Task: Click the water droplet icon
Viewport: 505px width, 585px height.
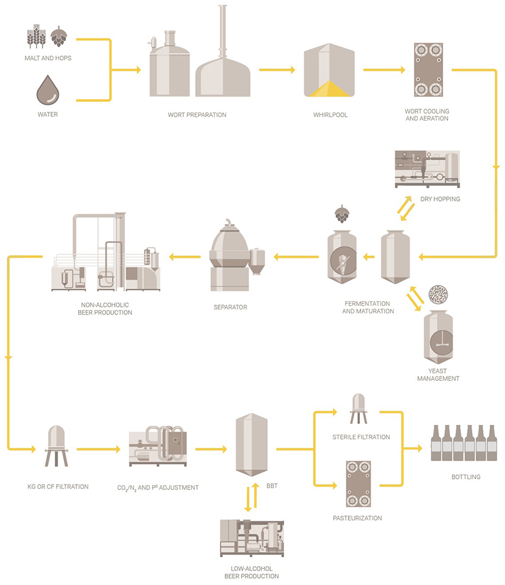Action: click(47, 90)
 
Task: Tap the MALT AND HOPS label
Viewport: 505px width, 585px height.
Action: click(48, 58)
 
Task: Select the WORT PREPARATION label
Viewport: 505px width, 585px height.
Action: click(197, 115)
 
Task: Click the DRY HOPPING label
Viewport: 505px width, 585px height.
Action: click(440, 199)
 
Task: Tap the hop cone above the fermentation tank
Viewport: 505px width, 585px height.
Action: click(342, 214)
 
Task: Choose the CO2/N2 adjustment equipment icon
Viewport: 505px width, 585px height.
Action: click(158, 449)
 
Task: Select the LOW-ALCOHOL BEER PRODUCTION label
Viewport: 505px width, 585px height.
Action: click(252, 572)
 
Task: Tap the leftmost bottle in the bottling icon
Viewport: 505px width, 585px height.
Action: click(436, 443)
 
